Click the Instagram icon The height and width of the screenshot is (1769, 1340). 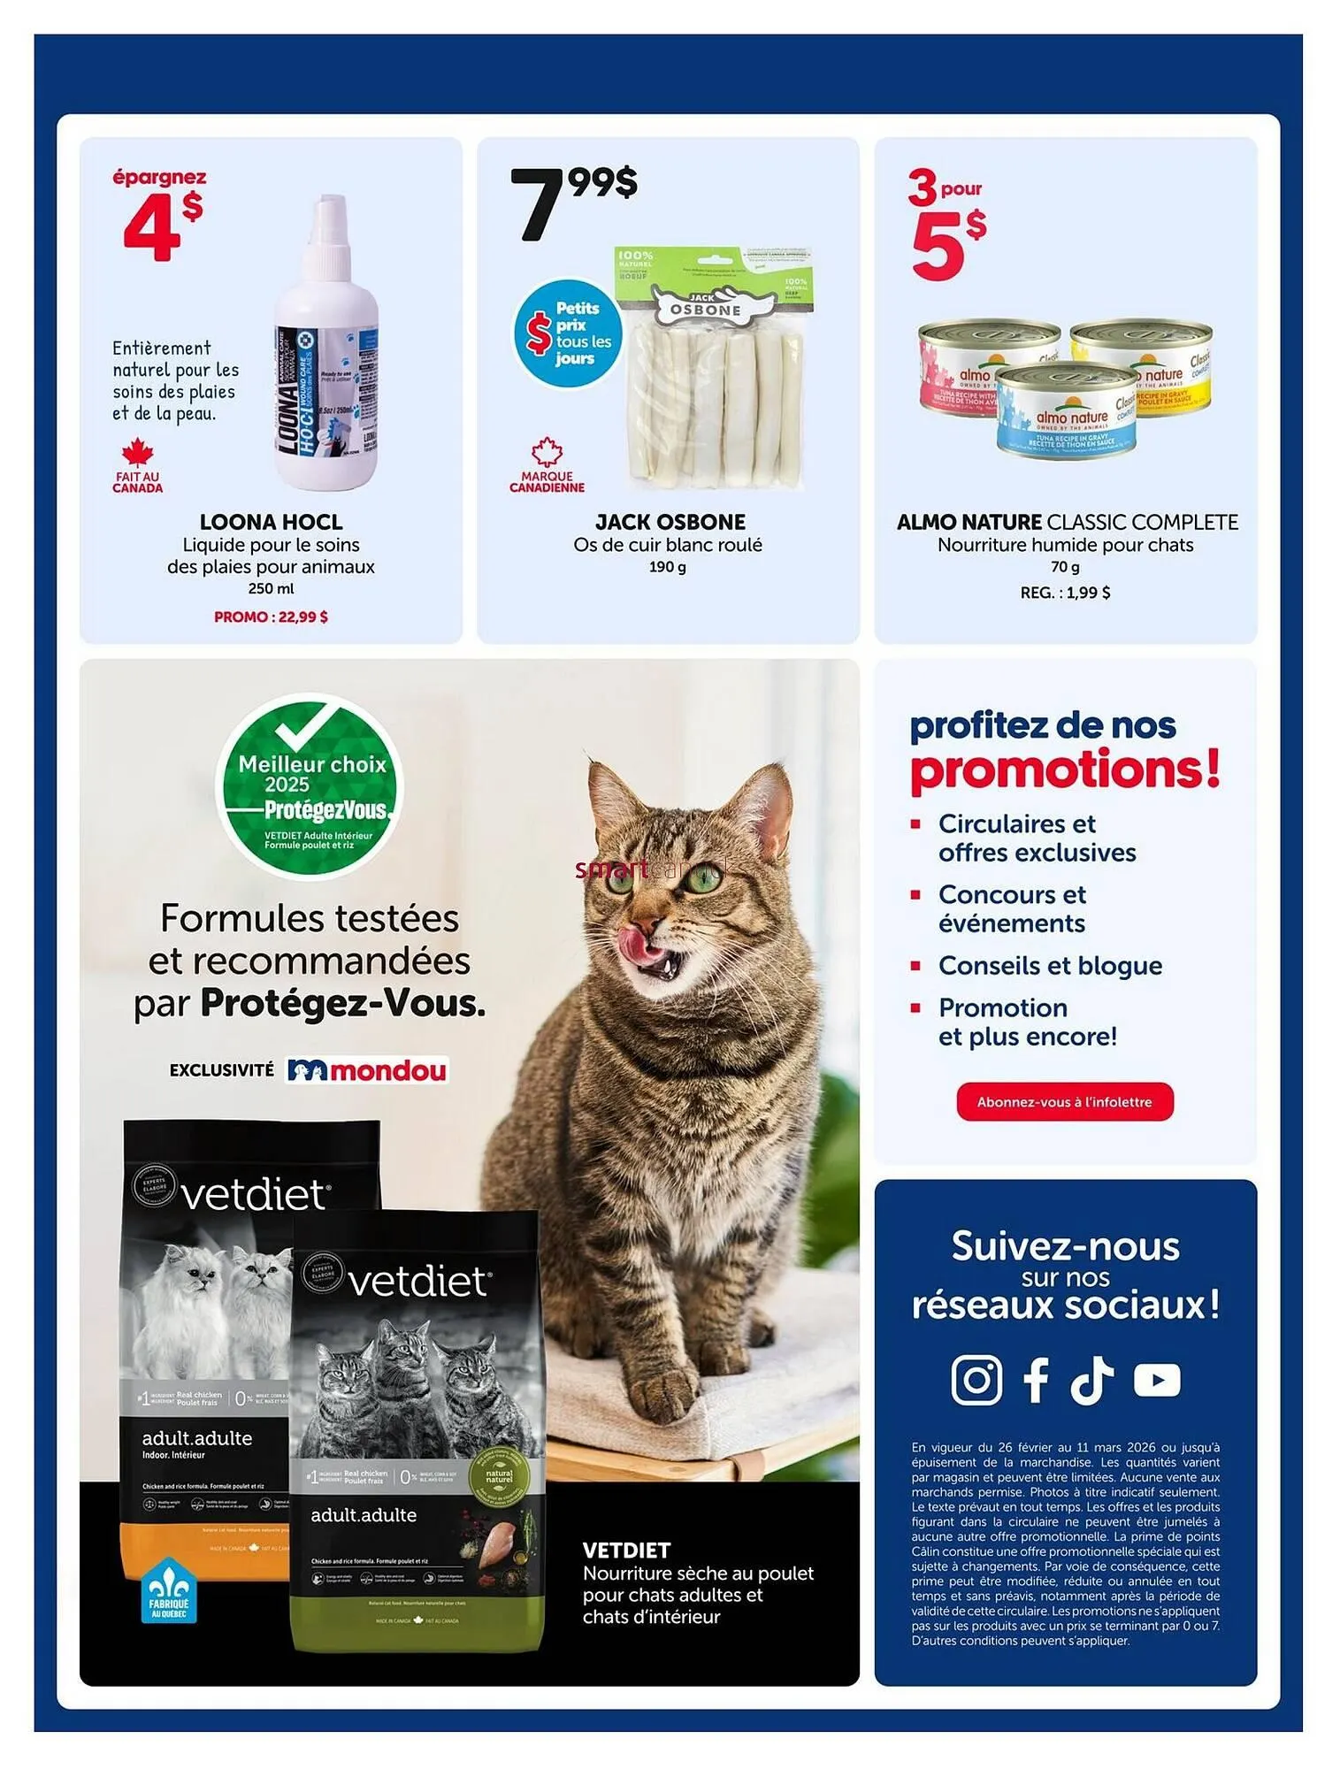(976, 1379)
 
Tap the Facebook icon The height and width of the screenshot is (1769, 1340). (1036, 1379)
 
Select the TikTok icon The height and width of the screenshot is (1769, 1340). (1092, 1379)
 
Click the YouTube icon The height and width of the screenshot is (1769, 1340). (1157, 1379)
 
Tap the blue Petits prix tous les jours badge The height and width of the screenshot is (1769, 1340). (568, 333)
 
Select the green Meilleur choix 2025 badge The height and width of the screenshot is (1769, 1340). (310, 785)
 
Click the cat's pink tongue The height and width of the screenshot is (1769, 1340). (634, 944)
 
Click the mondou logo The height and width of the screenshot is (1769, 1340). (368, 1070)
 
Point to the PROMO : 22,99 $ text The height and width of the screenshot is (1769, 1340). (271, 616)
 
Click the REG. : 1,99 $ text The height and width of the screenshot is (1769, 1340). (1065, 593)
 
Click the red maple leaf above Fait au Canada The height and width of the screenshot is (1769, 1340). (137, 454)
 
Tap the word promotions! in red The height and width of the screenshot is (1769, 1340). (1065, 769)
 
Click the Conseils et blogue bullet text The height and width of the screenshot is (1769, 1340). (1050, 965)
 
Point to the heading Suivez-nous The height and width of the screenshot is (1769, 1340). (1065, 1246)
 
